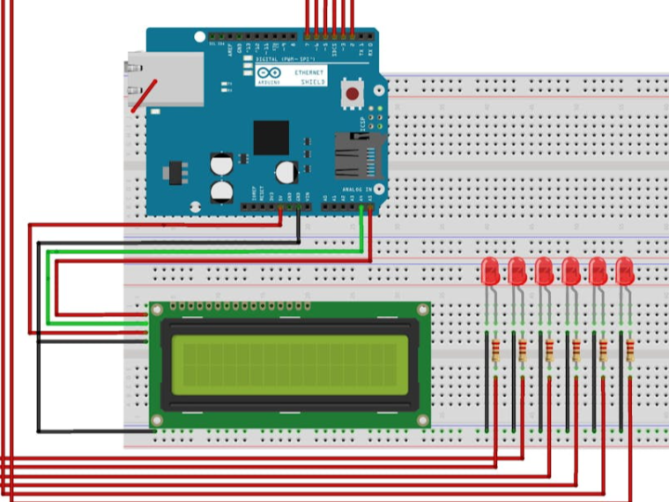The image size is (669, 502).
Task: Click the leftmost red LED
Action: point(492,271)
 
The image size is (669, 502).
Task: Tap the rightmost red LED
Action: point(625,271)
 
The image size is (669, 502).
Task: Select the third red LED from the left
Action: point(545,271)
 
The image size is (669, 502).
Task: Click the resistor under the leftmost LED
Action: point(495,350)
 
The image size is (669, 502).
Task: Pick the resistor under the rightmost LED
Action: point(631,350)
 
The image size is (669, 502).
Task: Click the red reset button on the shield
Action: point(352,93)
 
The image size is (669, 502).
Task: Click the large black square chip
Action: point(271,138)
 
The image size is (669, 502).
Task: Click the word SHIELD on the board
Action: point(313,82)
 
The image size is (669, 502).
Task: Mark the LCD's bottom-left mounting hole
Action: point(157,420)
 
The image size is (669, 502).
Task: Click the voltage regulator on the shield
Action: point(174,173)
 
